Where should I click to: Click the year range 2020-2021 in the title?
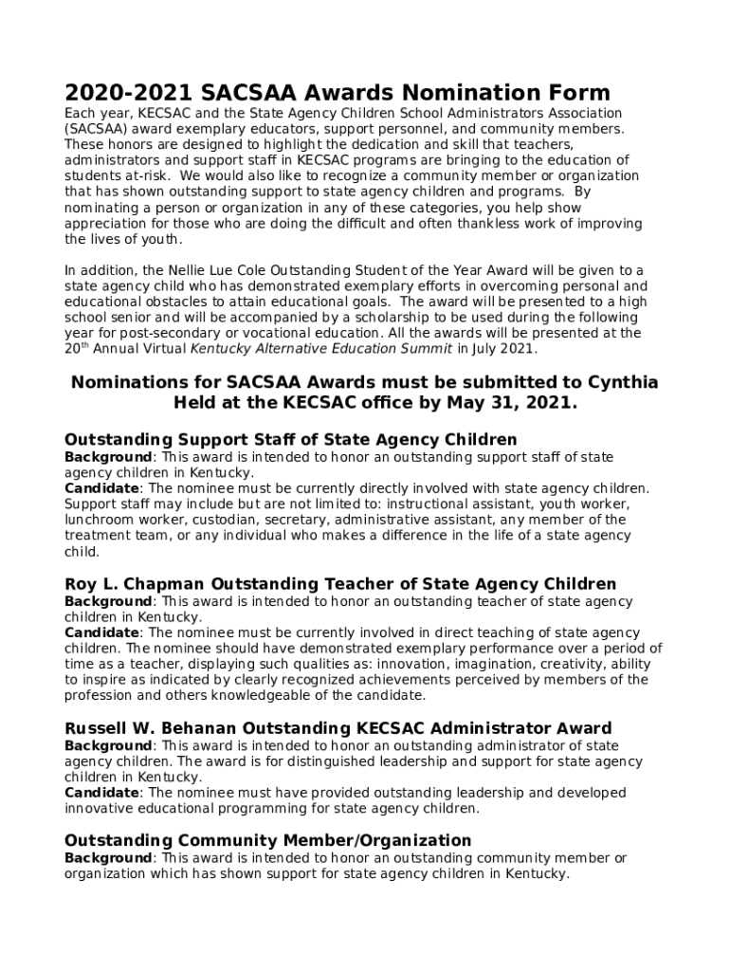128,93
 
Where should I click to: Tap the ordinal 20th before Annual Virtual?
77,348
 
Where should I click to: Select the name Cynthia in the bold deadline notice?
611,382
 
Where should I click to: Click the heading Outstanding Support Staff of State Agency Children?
290,439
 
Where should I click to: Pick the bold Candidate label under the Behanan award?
101,793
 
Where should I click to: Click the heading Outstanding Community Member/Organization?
267,840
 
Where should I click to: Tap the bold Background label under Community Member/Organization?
107,858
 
